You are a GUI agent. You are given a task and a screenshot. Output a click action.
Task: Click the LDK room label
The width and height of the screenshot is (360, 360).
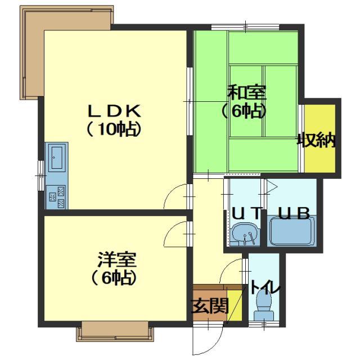tap(114, 111)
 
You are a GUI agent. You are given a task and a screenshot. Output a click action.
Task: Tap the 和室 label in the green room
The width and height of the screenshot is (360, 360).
tap(247, 92)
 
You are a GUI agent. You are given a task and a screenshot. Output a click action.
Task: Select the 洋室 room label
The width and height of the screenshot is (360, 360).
tap(117, 260)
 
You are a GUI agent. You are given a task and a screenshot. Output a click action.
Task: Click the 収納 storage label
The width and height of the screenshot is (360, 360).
tap(317, 140)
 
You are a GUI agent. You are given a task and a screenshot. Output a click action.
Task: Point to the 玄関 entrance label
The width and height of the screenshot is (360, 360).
tap(210, 306)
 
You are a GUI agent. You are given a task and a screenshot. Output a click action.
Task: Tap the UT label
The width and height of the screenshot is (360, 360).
tap(246, 213)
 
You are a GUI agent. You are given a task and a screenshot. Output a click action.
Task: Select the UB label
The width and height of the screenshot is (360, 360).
tap(294, 213)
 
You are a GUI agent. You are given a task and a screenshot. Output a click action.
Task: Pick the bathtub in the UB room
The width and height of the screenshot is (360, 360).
tap(291, 231)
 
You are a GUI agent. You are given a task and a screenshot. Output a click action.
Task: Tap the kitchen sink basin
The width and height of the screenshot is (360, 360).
tap(56, 157)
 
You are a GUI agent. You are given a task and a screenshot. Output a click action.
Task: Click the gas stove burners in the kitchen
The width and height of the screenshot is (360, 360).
tap(56, 197)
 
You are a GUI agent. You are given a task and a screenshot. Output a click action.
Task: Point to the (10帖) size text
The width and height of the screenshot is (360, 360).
tap(114, 130)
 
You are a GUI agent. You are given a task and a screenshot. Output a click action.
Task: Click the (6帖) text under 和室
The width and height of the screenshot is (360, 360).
tap(244, 111)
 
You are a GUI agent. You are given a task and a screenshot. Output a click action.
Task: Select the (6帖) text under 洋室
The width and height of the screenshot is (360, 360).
tap(114, 278)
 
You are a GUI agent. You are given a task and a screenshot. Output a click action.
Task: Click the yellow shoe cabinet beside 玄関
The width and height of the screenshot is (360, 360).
tap(235, 305)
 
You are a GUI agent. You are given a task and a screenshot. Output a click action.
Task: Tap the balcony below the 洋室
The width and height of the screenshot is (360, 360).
tap(115, 331)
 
